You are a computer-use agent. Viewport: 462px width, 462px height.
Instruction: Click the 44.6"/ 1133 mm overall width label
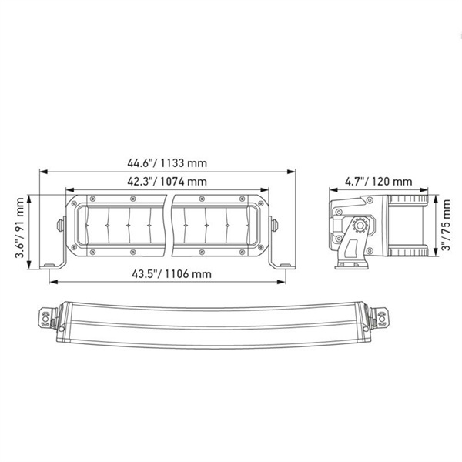pyautogui.click(x=168, y=163)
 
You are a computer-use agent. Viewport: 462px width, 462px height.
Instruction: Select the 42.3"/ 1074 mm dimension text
pyautogui.click(x=168, y=182)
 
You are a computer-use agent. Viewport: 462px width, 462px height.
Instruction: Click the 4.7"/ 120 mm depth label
pyautogui.click(x=377, y=182)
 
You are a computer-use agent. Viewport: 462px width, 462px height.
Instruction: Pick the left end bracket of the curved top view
pyautogui.click(x=49, y=317)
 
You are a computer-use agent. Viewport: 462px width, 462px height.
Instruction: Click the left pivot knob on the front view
pyautogui.click(x=60, y=225)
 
